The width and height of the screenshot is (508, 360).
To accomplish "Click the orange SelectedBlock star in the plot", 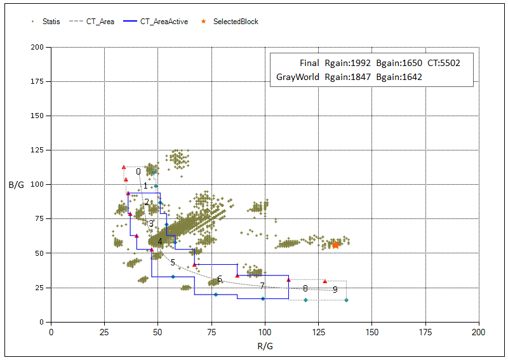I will tap(336, 244).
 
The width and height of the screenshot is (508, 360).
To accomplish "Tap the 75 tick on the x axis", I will tap(211, 331).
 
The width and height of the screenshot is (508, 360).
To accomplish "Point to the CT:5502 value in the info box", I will tap(443, 63).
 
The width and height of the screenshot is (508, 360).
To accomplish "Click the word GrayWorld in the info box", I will tap(298, 77).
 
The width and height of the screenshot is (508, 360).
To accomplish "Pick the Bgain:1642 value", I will tap(399, 77).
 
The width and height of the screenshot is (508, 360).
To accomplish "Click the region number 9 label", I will tap(335, 290).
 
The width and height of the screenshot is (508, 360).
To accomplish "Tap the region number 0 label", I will tap(138, 171).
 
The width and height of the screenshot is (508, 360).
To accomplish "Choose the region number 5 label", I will tap(173, 262).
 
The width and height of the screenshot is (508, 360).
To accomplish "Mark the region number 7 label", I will tap(262, 286).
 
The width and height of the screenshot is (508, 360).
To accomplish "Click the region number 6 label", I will tap(220, 279).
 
